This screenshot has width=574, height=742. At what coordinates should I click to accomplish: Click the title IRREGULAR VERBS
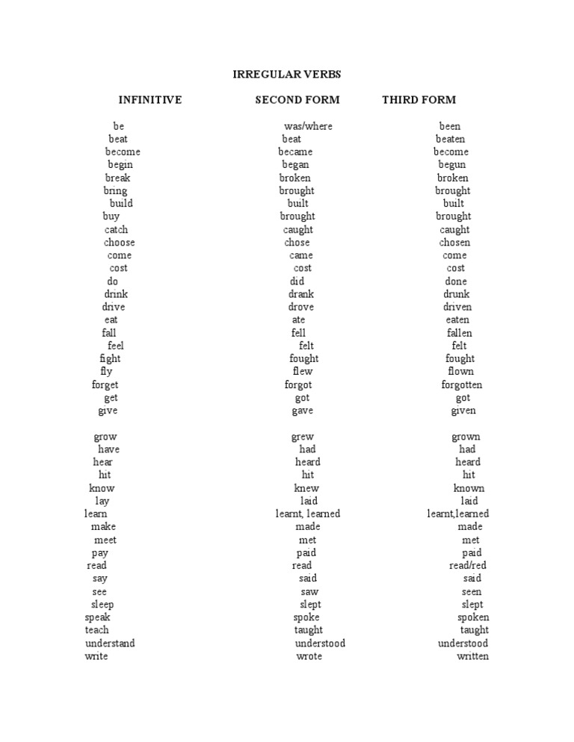287,75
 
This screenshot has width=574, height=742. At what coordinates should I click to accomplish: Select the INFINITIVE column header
149,100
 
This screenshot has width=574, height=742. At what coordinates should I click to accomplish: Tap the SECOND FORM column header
297,100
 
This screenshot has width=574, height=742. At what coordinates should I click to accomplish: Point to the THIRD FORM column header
419,100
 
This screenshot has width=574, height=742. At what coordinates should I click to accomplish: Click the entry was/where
308,126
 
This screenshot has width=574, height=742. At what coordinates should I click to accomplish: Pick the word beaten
451,139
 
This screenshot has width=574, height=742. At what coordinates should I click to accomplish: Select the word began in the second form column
295,165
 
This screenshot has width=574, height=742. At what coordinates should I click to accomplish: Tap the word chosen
454,243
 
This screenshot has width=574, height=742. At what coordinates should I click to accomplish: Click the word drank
301,294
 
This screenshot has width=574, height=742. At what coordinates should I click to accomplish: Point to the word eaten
457,320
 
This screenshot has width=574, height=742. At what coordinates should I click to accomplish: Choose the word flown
460,372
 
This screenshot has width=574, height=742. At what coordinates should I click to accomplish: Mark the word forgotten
462,385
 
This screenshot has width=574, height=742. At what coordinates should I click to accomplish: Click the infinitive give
108,411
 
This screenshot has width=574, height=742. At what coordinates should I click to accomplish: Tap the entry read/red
468,566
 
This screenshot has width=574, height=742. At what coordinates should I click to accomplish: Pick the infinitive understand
110,643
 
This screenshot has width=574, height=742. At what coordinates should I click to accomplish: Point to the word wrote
309,657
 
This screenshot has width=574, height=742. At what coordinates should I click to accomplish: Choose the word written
473,657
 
